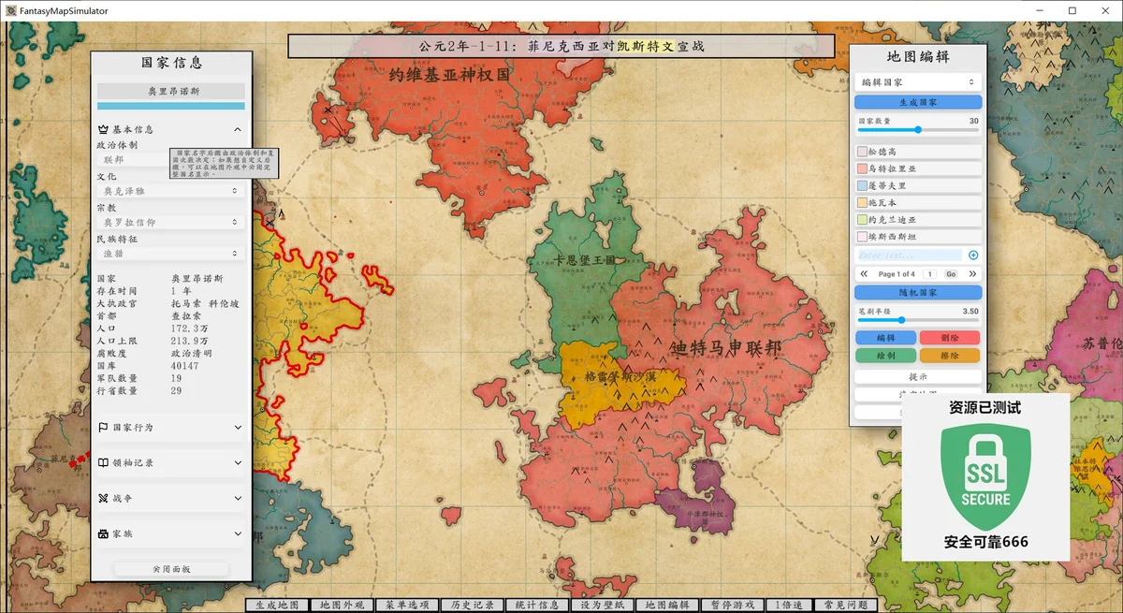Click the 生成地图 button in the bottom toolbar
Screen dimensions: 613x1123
(x=276, y=606)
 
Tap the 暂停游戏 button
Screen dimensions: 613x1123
(x=733, y=606)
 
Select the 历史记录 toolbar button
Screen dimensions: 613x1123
(x=472, y=606)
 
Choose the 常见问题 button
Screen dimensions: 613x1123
(x=844, y=606)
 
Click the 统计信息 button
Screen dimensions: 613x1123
(x=537, y=606)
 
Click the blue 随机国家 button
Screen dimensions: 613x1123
(x=918, y=293)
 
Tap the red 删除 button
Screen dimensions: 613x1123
(x=949, y=338)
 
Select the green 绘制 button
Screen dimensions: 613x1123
(x=886, y=356)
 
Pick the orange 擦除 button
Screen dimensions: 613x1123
(x=949, y=356)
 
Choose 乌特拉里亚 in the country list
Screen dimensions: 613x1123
(x=918, y=168)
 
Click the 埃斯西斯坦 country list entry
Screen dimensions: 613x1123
(x=918, y=237)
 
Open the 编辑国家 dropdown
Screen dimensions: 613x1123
(x=918, y=82)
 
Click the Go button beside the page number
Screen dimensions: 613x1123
(x=951, y=274)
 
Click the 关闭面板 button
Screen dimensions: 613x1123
(x=171, y=569)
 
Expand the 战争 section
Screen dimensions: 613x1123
(x=170, y=499)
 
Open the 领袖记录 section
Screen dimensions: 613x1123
(x=170, y=463)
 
